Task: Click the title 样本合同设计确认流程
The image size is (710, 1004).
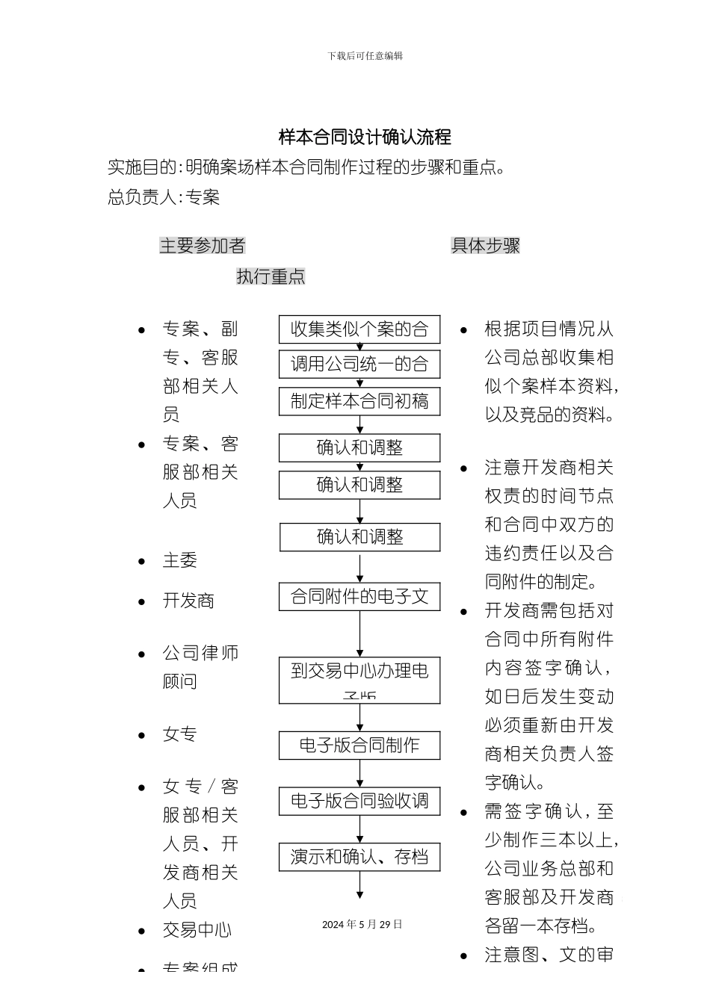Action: coord(365,137)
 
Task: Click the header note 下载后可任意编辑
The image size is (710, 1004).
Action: coord(365,56)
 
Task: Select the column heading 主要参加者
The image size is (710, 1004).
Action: coord(202,246)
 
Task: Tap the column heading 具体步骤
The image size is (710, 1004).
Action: coord(485,246)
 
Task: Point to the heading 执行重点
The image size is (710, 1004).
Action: coord(271,276)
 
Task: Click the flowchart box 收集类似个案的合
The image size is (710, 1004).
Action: coord(359,329)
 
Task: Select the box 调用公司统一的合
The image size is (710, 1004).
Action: coord(359,365)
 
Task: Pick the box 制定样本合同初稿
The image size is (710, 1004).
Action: coord(359,401)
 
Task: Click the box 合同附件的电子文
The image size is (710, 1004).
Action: coord(359,597)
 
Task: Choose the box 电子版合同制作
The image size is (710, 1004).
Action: coord(359,746)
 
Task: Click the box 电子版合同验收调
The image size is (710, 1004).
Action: coord(359,802)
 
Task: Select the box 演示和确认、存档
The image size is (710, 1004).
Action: coord(359,857)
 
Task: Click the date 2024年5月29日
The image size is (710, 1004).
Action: coord(362,924)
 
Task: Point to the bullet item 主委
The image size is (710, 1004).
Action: coord(180,560)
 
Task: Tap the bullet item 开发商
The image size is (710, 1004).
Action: coord(188,601)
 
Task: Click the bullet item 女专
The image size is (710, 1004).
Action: coord(180,734)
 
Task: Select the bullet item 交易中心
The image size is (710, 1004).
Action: coord(197,930)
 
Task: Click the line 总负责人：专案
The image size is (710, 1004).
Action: coord(164,197)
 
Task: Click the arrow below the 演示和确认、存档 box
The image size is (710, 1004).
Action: coord(360,886)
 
